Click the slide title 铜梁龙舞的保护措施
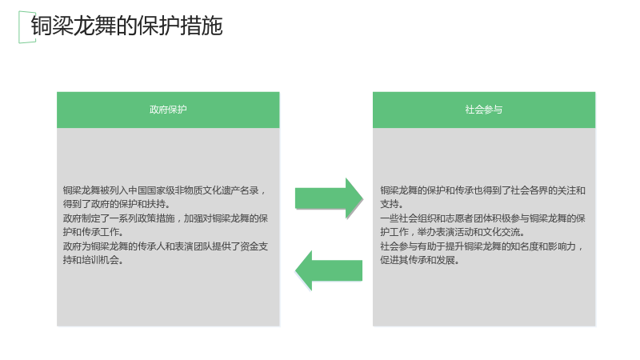click(x=126, y=26)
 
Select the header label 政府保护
click(x=168, y=110)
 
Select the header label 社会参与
click(x=484, y=110)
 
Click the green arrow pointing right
click(x=329, y=198)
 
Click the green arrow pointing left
click(x=329, y=270)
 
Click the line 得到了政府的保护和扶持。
click(x=117, y=204)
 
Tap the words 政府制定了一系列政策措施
click(x=118, y=218)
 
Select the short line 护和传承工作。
click(x=94, y=232)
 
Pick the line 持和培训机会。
click(x=94, y=260)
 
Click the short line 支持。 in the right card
click(x=392, y=204)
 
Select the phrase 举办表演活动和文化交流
click(x=469, y=232)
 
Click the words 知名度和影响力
click(x=543, y=246)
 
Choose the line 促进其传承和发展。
click(x=420, y=260)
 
